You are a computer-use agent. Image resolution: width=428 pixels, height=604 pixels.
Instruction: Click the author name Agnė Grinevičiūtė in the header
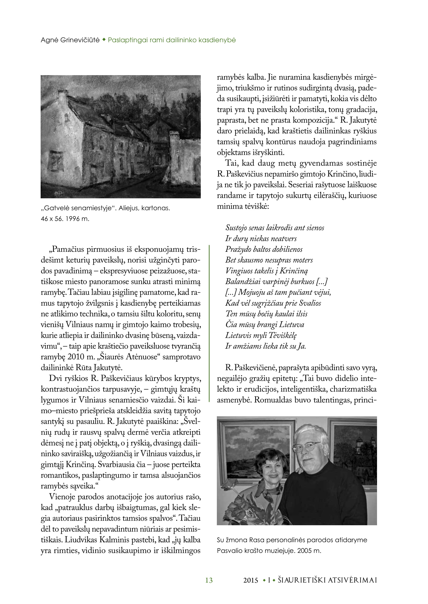tap(70, 40)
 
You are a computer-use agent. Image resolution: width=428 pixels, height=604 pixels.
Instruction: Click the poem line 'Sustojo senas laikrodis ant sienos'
tap(275, 228)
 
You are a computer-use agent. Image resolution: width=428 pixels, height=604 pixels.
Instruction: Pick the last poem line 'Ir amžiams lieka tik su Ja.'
tap(265, 346)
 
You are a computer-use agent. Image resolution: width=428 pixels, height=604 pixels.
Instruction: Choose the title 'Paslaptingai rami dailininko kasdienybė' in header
tap(172, 40)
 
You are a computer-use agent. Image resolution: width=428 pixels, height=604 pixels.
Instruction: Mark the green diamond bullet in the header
tap(104, 40)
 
